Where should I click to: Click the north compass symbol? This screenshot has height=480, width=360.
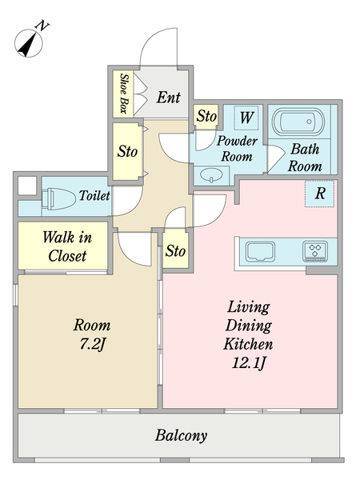click(29, 43)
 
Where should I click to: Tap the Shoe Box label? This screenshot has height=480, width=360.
click(123, 94)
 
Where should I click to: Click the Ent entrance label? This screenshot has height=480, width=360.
click(168, 98)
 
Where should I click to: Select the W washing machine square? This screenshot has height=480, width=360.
click(246, 118)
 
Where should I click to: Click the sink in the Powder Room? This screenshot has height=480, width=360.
click(211, 175)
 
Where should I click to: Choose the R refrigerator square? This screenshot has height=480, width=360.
click(319, 194)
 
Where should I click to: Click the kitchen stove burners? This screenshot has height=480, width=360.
click(314, 251)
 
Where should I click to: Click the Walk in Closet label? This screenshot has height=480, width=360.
click(67, 246)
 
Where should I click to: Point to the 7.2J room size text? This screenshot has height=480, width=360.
click(92, 344)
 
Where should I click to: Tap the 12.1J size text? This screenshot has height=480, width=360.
click(248, 363)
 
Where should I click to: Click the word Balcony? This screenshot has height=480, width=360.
click(181, 435)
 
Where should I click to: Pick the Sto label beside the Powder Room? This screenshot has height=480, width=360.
click(206, 116)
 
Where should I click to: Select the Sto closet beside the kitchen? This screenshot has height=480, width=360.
click(175, 250)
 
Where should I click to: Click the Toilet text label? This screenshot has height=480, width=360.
click(94, 195)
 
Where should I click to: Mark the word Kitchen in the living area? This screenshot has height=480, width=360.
click(248, 344)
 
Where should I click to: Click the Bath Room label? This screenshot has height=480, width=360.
click(305, 158)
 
